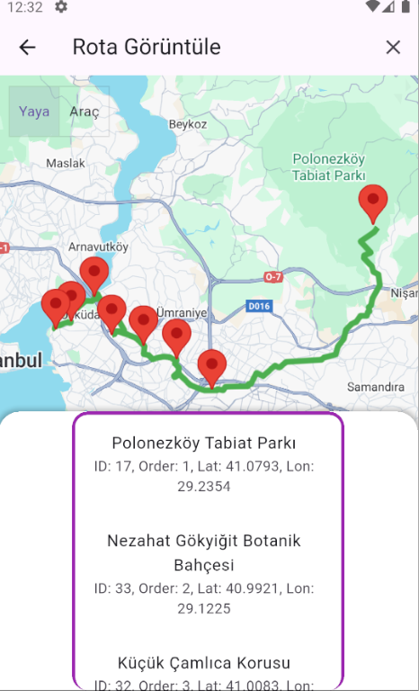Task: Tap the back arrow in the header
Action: [x=28, y=48]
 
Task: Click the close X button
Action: [x=393, y=48]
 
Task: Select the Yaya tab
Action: [x=34, y=112]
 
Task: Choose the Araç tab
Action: [x=85, y=112]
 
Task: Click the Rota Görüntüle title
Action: [x=147, y=48]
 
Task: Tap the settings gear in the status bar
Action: [x=60, y=7]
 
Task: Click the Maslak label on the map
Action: [x=66, y=164]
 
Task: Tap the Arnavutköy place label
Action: [x=99, y=246]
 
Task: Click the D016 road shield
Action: [x=259, y=307]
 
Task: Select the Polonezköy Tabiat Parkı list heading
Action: [x=204, y=443]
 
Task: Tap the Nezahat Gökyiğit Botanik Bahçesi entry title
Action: [x=203, y=553]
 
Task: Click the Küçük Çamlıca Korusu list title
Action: [x=204, y=663]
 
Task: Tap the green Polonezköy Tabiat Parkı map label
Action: [x=328, y=167]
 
